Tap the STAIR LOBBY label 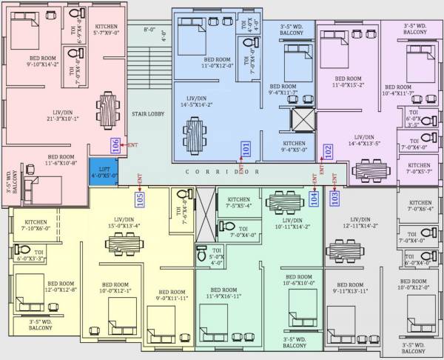point(148,114)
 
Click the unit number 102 point(328,152)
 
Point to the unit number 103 point(334,197)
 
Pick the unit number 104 point(314,197)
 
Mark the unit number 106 point(115,146)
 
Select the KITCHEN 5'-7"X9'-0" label point(107,30)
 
